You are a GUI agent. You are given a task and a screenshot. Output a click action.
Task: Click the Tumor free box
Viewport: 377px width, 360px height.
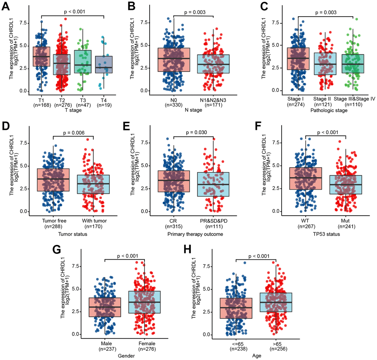pyautogui.click(x=54, y=180)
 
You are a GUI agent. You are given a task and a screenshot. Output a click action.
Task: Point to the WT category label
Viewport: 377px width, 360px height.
pyautogui.click(x=306, y=221)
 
